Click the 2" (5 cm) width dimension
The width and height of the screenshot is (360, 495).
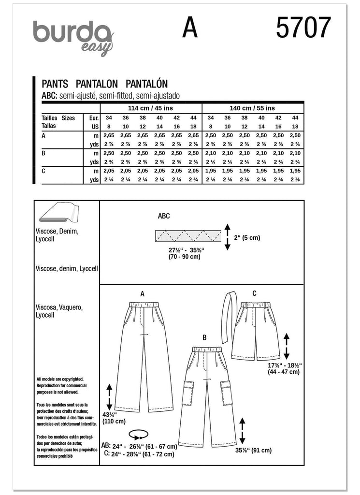click(246, 237)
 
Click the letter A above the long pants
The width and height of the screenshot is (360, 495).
click(143, 293)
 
